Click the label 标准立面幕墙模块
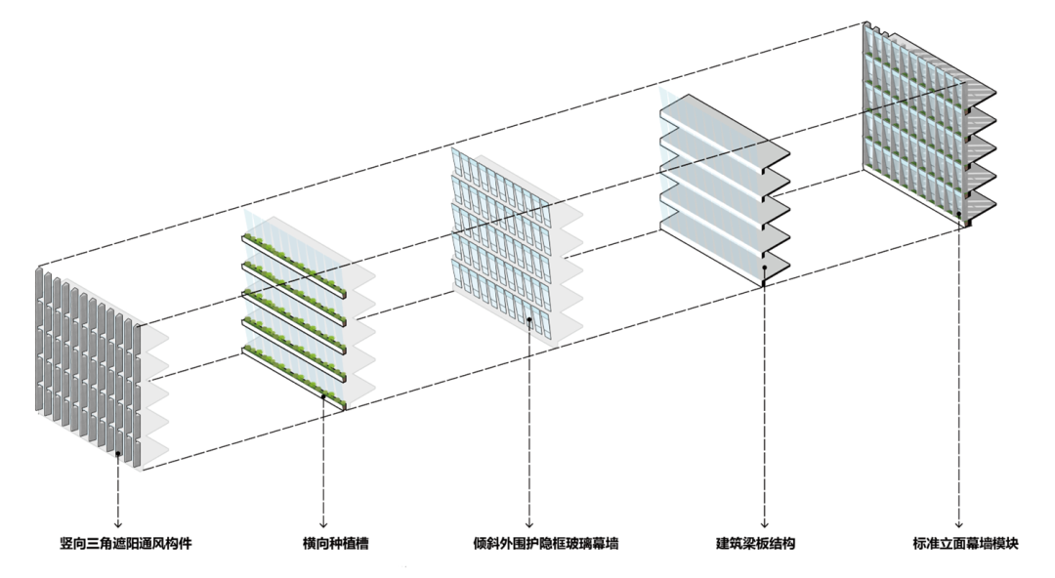[960, 542]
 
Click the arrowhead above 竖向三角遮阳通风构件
[118, 523]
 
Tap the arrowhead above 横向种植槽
[322, 523]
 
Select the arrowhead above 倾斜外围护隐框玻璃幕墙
[528, 523]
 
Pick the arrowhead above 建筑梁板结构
[763, 523]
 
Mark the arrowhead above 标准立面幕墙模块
[960, 523]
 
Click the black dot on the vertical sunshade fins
[118, 454]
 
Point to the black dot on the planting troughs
[322, 396]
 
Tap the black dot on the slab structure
[763, 267]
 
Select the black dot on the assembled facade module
[960, 214]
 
